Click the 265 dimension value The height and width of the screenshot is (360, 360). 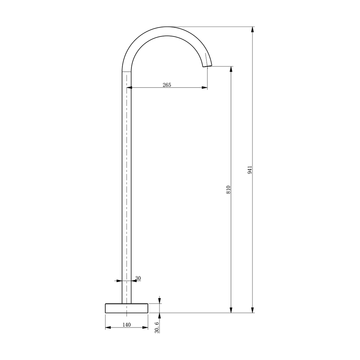coord(167,85)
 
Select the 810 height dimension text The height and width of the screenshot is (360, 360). coord(228,190)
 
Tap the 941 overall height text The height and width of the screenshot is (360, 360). coord(250,170)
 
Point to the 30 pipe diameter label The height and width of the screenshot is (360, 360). coord(138,278)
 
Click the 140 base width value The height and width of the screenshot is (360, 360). coord(126,325)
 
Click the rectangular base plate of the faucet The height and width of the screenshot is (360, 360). coord(126,308)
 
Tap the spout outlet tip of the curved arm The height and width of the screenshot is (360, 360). coord(207,66)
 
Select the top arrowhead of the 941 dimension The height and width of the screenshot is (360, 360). coord(252,29)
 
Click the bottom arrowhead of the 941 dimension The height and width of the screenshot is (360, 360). coord(252,310)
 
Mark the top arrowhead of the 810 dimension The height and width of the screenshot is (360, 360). coord(231,69)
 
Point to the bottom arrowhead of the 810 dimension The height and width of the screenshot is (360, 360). coord(231,310)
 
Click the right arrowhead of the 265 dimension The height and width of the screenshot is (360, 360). coord(204,88)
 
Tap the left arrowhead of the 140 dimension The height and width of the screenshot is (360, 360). coord(108,328)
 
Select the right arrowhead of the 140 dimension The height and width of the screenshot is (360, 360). coord(145,328)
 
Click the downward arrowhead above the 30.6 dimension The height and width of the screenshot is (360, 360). coord(159,301)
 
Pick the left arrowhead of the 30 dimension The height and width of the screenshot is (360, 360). coord(119,281)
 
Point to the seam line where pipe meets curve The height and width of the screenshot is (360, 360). coord(126,72)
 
